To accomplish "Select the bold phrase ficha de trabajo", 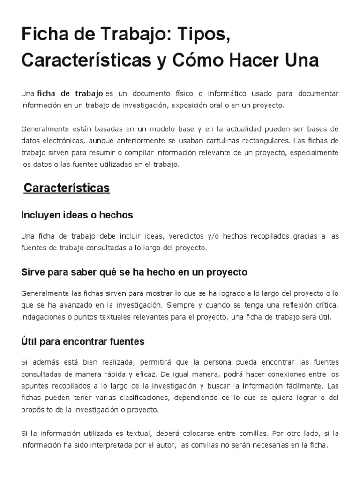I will click(x=70, y=94).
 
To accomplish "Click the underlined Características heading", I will click(x=67, y=188).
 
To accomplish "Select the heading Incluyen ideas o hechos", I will click(x=77, y=215).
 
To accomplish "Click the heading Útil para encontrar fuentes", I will click(x=82, y=342).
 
